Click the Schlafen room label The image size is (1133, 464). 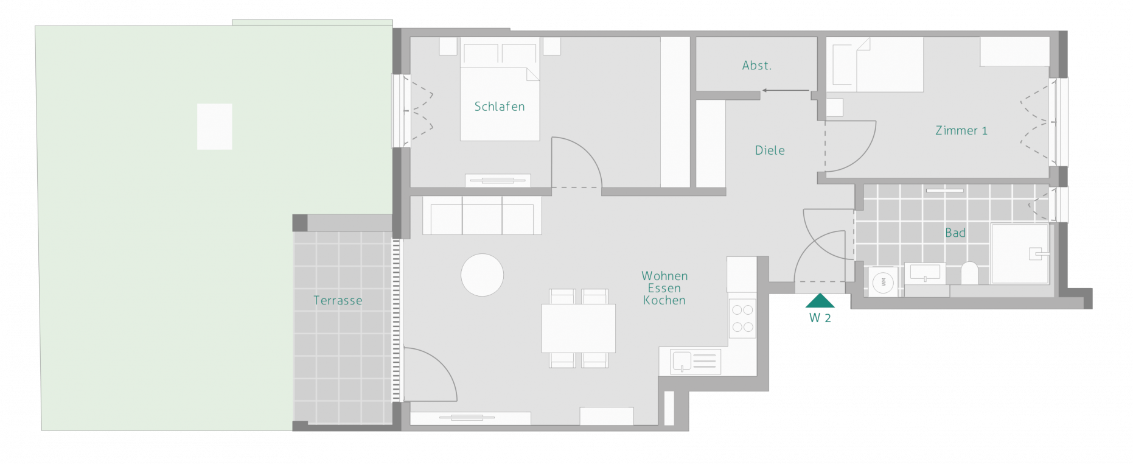click(499, 107)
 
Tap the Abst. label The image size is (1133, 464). click(756, 66)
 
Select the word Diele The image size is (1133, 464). click(770, 150)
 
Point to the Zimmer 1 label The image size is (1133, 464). click(961, 130)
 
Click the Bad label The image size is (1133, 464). click(955, 233)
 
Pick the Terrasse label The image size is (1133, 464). click(338, 300)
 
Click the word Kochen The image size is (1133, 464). click(664, 300)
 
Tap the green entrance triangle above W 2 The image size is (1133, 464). click(820, 301)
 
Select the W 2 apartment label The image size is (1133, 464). click(820, 318)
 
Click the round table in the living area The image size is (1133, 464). click(482, 275)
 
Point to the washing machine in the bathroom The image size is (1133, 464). click(883, 282)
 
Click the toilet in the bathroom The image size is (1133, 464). click(969, 273)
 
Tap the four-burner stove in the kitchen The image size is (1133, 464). click(742, 318)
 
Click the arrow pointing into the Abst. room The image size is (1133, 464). click(786, 90)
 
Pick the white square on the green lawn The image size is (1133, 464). click(214, 127)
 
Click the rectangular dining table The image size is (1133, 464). click(579, 328)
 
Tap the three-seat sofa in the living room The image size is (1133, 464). click(482, 215)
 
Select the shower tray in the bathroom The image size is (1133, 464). click(1020, 254)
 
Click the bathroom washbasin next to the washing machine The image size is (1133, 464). click(925, 273)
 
